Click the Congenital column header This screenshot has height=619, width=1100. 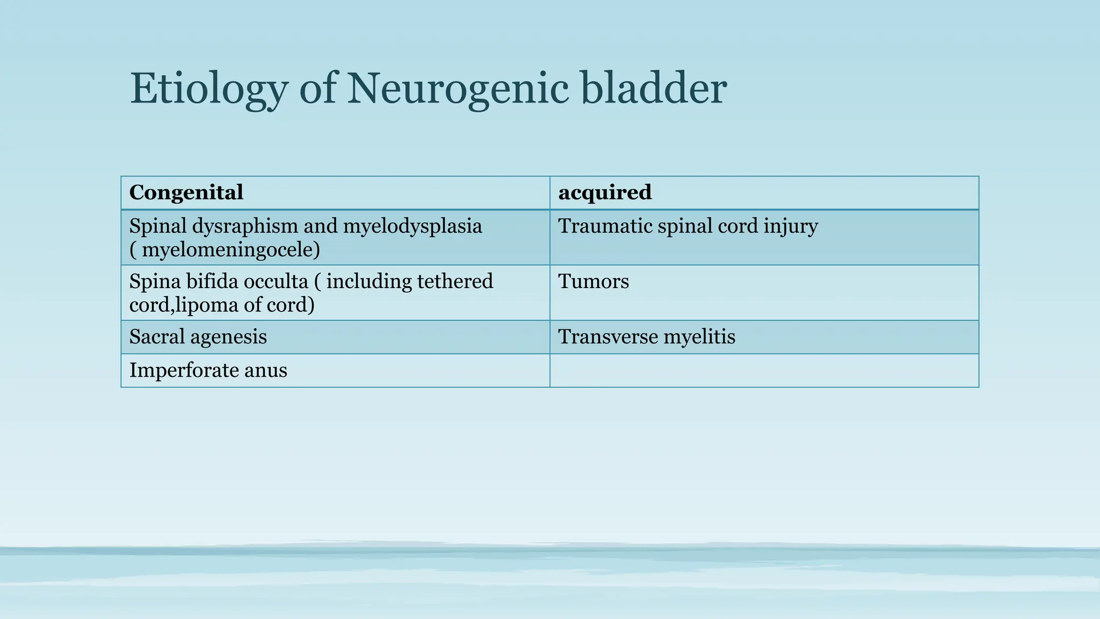pos(186,192)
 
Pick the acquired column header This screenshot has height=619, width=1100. pos(605,192)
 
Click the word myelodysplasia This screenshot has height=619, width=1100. pos(412,226)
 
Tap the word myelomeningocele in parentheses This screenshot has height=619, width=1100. pos(230,250)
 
